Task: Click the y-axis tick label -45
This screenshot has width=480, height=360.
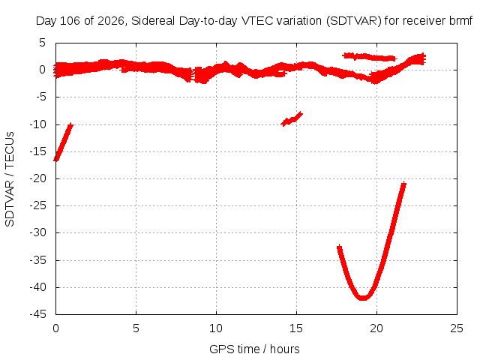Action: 37,314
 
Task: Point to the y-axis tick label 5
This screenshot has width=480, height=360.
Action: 42,43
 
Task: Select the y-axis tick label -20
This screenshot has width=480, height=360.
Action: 37,178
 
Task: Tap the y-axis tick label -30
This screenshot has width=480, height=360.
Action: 37,232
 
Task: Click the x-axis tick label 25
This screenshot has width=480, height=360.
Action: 457,328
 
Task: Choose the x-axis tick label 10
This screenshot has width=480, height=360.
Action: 216,328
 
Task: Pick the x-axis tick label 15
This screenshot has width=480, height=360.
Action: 296,328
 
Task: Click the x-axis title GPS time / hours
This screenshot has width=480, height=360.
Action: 254,349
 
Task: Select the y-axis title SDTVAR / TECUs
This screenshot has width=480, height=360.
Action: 10,179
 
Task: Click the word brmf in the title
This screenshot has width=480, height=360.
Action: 461,21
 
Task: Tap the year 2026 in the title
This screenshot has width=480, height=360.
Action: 110,21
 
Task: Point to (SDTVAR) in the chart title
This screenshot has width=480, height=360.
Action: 353,21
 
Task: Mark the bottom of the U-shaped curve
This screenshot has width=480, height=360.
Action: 363,298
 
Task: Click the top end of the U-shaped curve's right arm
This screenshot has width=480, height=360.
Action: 404,184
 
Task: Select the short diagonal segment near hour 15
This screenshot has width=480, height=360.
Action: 292,118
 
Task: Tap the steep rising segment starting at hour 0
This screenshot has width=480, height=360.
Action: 63,142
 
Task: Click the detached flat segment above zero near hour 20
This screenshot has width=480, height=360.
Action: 370,57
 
